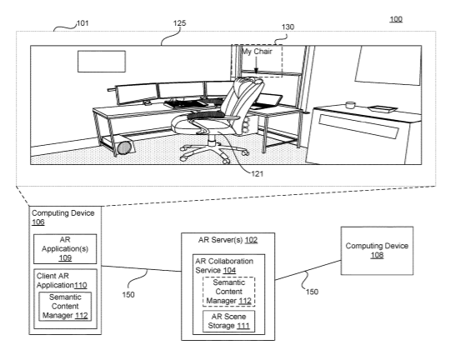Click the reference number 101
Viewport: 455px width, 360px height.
pos(82,23)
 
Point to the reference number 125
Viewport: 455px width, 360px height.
pos(180,23)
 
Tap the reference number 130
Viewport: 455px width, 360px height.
pos(287,27)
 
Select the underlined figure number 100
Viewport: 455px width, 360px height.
pos(396,19)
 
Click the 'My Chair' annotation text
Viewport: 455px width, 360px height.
pos(257,52)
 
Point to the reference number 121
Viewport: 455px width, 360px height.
pos(257,174)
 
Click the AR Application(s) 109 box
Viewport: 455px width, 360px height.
pos(65,249)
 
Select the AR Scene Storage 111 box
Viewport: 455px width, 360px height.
pos(228,322)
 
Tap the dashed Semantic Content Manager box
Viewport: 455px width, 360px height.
pos(228,292)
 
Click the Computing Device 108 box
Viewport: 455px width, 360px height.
pos(377,251)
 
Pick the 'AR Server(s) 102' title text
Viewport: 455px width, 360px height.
pos(227,240)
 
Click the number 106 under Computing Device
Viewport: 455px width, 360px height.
pos(38,222)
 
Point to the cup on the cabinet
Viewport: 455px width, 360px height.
pos(351,105)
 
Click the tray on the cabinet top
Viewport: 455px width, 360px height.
pos(382,109)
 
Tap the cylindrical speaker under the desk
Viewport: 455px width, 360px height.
pos(126,147)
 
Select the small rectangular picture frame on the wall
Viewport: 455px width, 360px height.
pos(102,62)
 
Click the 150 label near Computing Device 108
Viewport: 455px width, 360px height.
pos(312,292)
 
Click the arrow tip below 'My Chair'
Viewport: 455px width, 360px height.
pos(256,72)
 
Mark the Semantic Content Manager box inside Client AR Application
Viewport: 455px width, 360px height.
pos(65,307)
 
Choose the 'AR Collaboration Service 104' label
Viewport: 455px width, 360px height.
pos(224,266)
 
